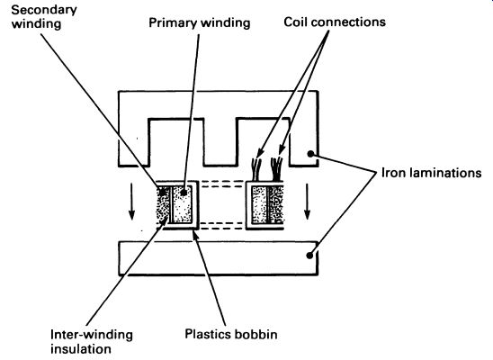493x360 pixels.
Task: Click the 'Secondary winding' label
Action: (x=44, y=17)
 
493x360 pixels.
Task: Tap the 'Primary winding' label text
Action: (x=200, y=23)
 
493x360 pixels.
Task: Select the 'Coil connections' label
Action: (x=335, y=22)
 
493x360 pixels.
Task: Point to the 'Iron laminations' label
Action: (x=431, y=173)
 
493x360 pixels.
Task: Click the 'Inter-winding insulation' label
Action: (x=92, y=342)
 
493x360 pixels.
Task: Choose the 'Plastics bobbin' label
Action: (x=231, y=334)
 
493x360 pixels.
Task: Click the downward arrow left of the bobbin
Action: (x=131, y=202)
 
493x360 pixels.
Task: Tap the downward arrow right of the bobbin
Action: (x=307, y=202)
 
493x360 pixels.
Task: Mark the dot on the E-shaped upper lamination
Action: (x=310, y=154)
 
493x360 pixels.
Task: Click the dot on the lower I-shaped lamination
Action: (x=309, y=256)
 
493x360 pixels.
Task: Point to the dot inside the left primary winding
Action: (x=184, y=192)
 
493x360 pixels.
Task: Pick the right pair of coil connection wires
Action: (x=277, y=168)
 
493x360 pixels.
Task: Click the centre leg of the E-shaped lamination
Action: (x=220, y=141)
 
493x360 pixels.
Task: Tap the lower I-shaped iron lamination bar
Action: (x=219, y=258)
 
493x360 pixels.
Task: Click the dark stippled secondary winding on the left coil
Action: (x=163, y=204)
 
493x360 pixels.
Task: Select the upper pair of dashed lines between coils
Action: (x=222, y=184)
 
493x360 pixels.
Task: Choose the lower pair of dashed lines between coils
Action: (x=222, y=225)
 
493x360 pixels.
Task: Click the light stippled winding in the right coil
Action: (x=259, y=204)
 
